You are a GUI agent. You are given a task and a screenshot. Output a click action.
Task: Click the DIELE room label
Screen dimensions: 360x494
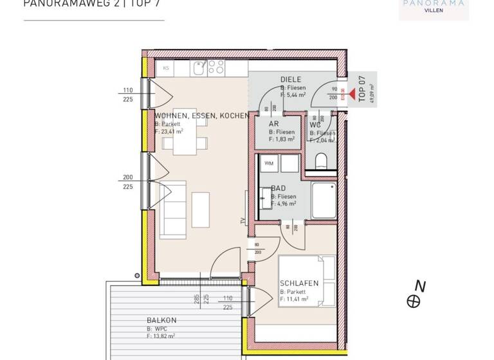(291, 80)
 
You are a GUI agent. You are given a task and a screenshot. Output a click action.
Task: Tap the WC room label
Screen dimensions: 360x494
(315, 125)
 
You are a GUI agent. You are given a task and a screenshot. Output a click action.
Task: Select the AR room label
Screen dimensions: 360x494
(274, 124)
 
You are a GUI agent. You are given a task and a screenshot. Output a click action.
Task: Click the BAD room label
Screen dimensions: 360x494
(278, 188)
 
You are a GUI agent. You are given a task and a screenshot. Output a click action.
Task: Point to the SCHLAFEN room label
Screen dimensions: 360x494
(299, 283)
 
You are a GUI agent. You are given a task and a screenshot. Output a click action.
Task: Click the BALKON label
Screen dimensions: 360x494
(161, 320)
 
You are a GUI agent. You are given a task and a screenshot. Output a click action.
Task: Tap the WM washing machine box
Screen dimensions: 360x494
(268, 164)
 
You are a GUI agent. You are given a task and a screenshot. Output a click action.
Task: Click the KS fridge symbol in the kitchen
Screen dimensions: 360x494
(165, 68)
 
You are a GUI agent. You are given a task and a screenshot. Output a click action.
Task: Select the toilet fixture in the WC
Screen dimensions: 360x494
(322, 159)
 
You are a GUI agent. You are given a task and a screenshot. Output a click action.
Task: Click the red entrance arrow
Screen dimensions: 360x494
(351, 93)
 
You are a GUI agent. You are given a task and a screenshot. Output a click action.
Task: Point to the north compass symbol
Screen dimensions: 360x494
(414, 301)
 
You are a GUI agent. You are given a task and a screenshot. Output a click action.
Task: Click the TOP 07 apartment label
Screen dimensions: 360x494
(361, 89)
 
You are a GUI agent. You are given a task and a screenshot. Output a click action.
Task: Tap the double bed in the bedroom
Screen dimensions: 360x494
(307, 281)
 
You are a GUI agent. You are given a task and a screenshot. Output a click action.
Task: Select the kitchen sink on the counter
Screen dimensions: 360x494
(199, 67)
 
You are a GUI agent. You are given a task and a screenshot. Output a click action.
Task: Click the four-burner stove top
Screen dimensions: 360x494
(216, 67)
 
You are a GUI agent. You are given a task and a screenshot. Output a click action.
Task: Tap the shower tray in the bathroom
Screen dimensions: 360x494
(323, 201)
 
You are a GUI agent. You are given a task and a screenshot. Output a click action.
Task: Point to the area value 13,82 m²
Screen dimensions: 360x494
(161, 336)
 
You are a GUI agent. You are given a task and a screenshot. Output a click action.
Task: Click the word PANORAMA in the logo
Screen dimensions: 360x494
(434, 3)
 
